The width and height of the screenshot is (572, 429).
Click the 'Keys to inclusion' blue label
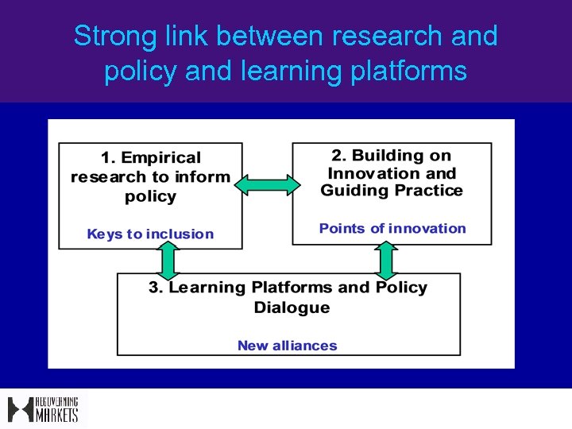point(150,234)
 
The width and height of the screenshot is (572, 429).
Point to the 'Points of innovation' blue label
point(392,229)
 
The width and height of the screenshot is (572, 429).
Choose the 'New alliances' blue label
point(288,346)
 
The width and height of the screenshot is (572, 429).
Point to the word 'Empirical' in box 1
point(161,158)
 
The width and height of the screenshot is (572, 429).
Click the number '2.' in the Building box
point(338,155)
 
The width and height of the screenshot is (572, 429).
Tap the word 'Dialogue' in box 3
point(291,307)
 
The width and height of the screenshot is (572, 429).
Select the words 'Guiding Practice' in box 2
point(392,191)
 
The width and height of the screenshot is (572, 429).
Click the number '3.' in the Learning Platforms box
point(156,288)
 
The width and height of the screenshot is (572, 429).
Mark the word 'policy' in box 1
point(150,196)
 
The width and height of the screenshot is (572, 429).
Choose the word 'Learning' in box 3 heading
point(207,288)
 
